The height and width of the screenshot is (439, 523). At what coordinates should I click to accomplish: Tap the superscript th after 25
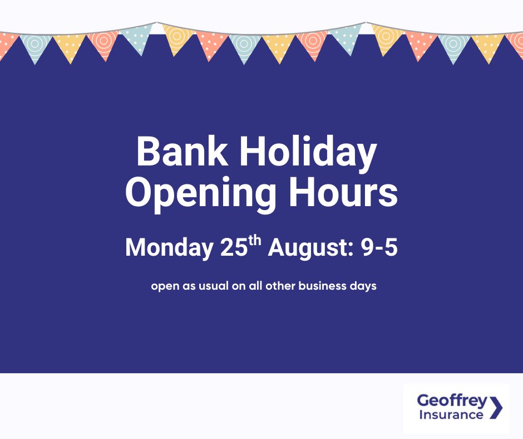click(x=255, y=241)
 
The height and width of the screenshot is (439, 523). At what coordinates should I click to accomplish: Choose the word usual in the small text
click(x=214, y=287)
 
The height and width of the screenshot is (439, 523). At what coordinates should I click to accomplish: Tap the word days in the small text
click(x=365, y=287)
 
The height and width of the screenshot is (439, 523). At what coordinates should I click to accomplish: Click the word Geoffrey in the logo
click(x=452, y=401)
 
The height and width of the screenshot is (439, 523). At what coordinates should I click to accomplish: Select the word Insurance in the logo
click(x=450, y=415)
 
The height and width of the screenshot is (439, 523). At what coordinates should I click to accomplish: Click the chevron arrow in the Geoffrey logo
click(x=496, y=407)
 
